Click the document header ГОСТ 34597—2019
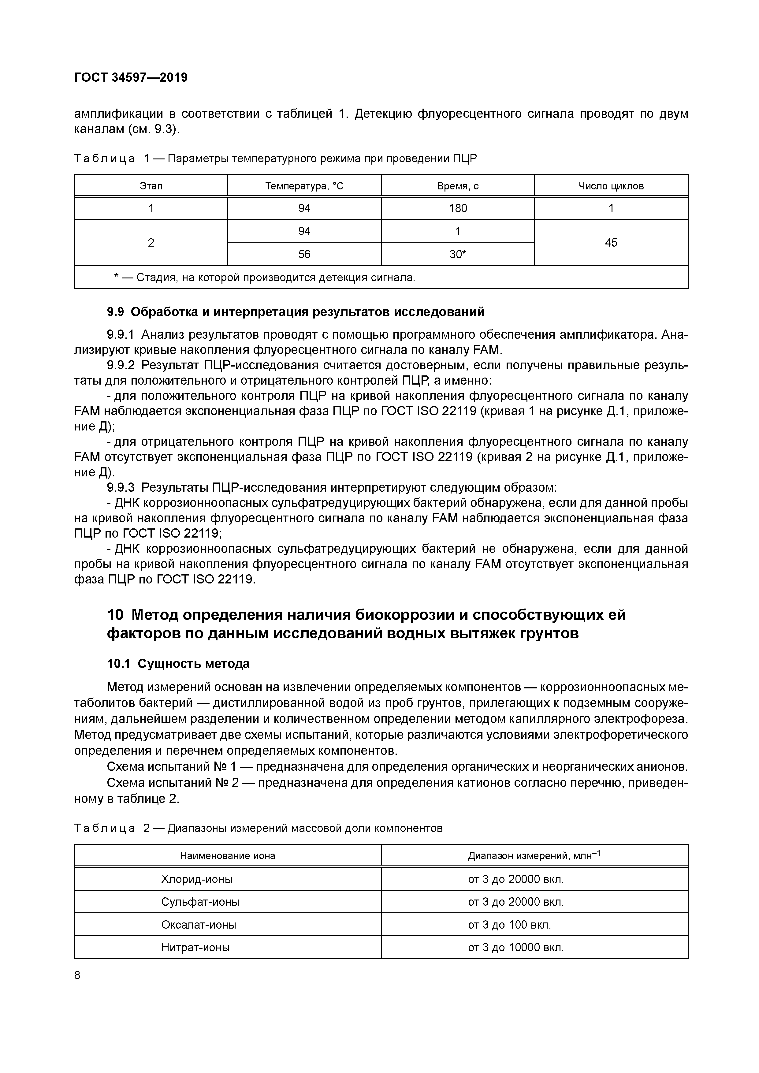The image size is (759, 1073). [x=131, y=78]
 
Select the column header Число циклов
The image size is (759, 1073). [x=611, y=186]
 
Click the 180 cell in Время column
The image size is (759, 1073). [x=458, y=208]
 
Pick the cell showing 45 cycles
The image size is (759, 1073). [x=611, y=243]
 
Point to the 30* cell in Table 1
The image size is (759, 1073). [x=458, y=254]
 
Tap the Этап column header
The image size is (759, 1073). [x=151, y=186]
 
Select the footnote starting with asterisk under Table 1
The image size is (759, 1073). [x=265, y=278]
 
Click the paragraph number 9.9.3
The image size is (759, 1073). [x=121, y=487]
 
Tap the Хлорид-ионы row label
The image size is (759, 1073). [x=197, y=879]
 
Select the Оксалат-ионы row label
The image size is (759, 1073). [x=199, y=924]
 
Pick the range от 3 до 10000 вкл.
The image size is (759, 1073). [x=515, y=947]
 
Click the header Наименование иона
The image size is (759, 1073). [x=228, y=856]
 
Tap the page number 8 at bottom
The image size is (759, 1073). [x=78, y=975]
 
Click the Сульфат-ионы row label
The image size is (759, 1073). [x=200, y=901]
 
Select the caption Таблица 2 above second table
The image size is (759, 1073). [x=258, y=828]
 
